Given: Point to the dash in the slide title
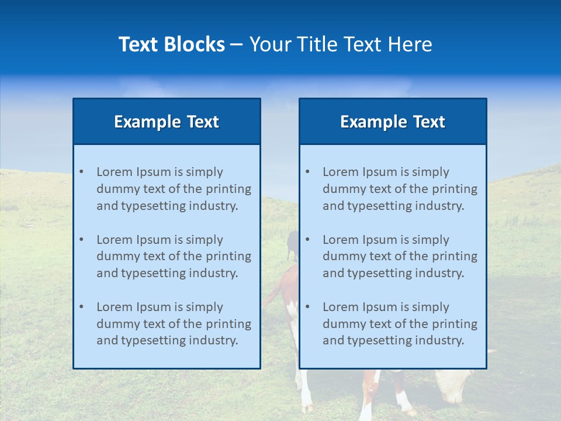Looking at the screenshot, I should tap(237, 45).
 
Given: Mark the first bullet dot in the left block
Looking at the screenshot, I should tap(81, 172).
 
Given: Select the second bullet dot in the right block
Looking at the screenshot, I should tap(307, 240).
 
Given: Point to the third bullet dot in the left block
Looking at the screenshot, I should tap(81, 307).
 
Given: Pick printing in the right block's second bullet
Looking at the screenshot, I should tap(455, 256).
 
